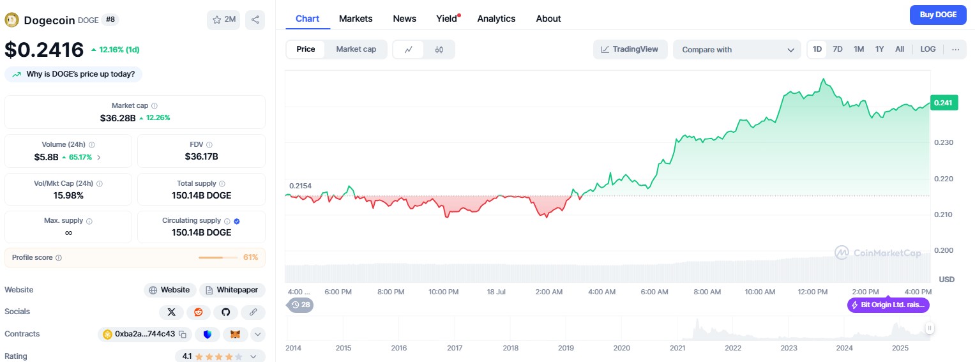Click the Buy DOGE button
click(938, 15)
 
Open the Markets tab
click(356, 19)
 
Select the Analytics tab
click(496, 19)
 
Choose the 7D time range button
click(838, 49)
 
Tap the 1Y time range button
click(879, 49)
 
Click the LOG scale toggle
click(928, 49)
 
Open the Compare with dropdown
click(736, 49)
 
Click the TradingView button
click(630, 49)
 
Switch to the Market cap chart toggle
click(356, 49)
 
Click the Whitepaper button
click(232, 290)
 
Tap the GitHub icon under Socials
click(225, 312)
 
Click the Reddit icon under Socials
click(199, 312)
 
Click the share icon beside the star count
click(255, 20)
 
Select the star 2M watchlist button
click(223, 20)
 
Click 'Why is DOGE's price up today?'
click(73, 74)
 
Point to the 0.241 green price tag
click(944, 102)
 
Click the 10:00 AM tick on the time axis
click(760, 292)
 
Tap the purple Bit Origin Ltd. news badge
click(888, 305)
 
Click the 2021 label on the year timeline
click(677, 348)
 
